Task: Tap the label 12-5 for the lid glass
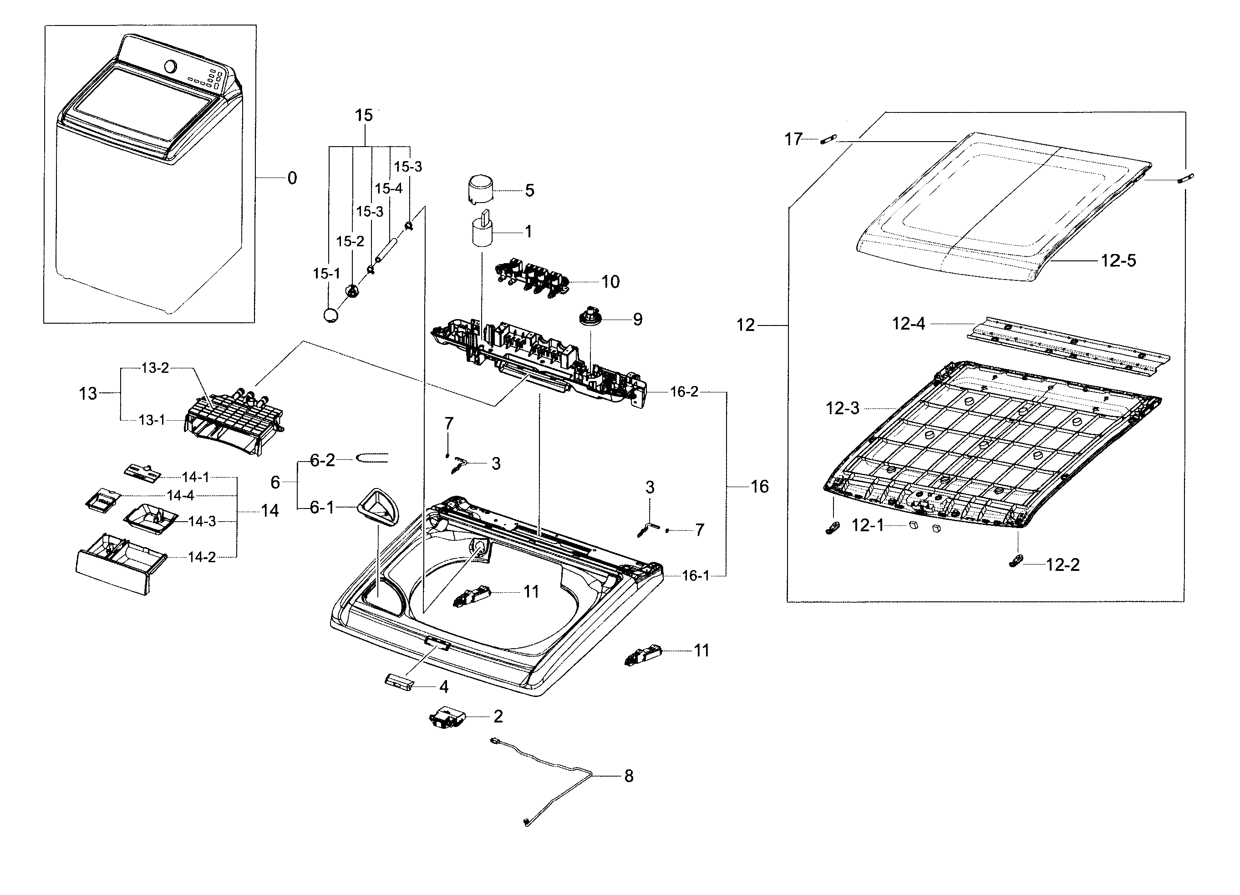[1118, 261]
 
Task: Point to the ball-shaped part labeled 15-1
[330, 315]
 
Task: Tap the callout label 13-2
[155, 368]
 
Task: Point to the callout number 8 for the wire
[629, 776]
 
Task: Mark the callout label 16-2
[684, 392]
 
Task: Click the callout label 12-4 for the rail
[908, 324]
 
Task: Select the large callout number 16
[759, 487]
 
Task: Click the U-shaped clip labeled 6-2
[372, 458]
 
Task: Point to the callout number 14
[269, 511]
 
